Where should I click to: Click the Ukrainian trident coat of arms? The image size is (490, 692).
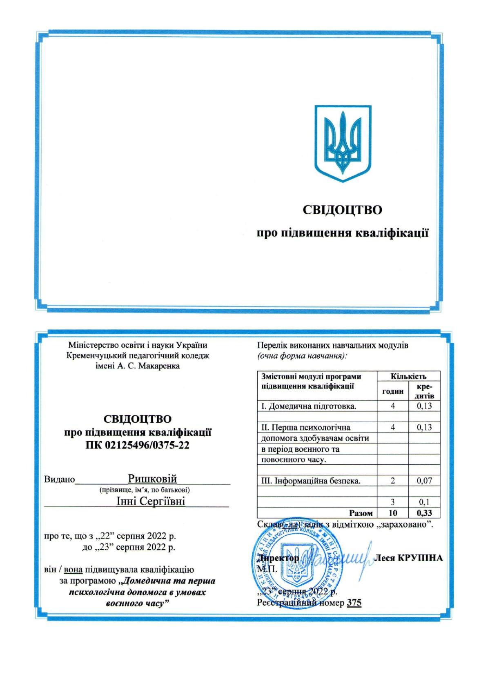[343, 143]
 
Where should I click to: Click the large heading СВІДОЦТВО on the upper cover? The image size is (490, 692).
[342, 210]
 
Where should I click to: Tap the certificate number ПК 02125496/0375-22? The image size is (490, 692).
[137, 445]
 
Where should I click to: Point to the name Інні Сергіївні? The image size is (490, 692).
[151, 501]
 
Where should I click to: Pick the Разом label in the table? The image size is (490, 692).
[361, 513]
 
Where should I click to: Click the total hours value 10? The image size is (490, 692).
[392, 513]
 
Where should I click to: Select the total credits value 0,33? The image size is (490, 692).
[424, 513]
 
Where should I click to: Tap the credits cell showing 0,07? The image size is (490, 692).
[424, 481]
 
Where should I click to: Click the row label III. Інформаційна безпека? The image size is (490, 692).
[311, 481]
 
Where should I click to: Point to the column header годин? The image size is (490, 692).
[392, 391]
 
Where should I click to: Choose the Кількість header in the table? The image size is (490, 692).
[408, 376]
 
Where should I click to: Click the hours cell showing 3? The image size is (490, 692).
[392, 502]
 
